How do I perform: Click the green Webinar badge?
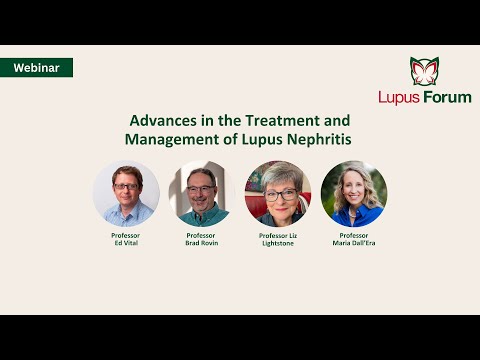[36, 68]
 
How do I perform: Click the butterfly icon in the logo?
[425, 71]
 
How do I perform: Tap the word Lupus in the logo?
[399, 97]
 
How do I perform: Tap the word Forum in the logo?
[446, 97]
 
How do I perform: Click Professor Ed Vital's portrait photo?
[126, 193]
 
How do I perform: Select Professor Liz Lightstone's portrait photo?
[277, 193]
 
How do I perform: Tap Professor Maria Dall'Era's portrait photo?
[354, 193]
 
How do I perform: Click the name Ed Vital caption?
[126, 243]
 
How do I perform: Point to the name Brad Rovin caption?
[201, 243]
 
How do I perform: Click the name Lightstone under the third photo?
[277, 243]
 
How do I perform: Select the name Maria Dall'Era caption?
[354, 243]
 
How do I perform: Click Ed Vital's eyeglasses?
[126, 186]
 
